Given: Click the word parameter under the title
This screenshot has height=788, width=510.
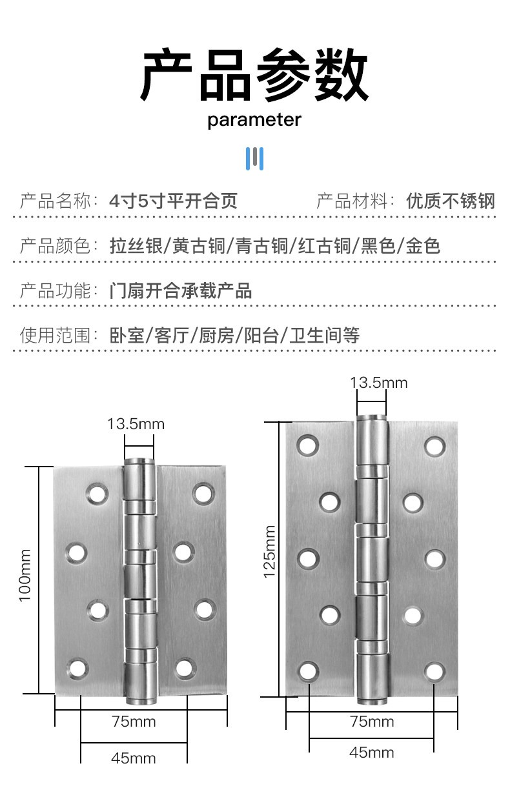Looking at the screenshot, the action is (254, 120).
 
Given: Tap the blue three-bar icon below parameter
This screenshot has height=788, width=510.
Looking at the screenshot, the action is (254, 159).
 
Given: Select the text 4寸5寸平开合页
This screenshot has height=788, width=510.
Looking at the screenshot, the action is (173, 201).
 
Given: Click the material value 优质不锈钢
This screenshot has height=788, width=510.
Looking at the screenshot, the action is (451, 201).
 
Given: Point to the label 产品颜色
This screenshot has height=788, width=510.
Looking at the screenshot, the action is (55, 246).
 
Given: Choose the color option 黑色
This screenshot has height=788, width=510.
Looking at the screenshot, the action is (378, 246).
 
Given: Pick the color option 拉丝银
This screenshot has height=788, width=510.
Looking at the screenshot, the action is (136, 246).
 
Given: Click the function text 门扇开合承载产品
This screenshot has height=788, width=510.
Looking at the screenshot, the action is (181, 291).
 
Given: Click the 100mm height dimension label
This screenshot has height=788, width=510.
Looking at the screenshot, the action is (25, 575).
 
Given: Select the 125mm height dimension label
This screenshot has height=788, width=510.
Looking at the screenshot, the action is (269, 551).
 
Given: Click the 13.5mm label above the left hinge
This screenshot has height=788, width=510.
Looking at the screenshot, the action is (136, 424).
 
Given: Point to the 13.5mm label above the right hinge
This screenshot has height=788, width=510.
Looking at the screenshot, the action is (379, 383).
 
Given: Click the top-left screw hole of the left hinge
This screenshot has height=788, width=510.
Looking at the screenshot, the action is (97, 494).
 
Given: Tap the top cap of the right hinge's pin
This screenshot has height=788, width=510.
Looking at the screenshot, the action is (372, 418).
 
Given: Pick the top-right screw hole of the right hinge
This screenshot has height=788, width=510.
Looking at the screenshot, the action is (435, 446).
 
